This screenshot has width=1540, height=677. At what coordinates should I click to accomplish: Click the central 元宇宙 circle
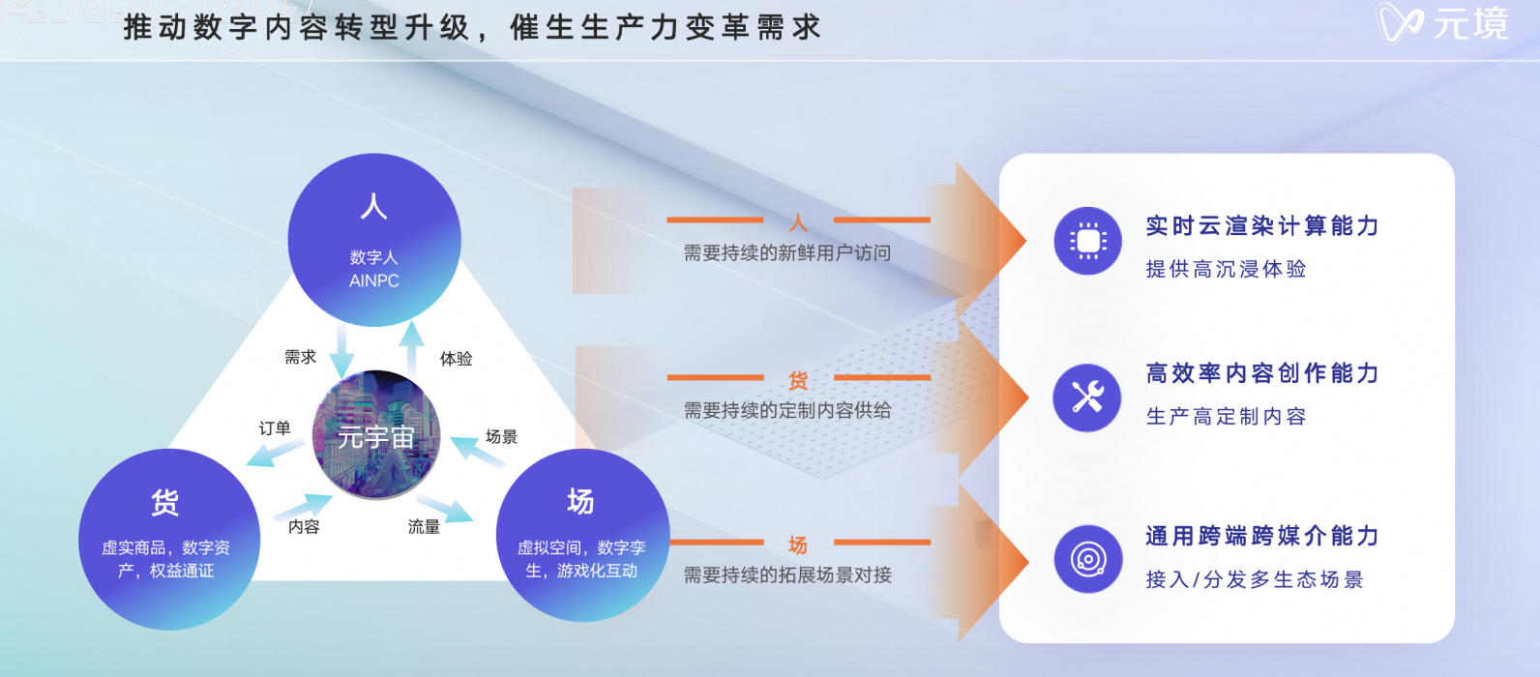pyautogui.click(x=376, y=435)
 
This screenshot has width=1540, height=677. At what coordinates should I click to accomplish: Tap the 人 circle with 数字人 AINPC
pyautogui.click(x=374, y=240)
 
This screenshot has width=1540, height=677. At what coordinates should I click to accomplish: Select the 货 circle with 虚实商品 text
pyautogui.click(x=169, y=540)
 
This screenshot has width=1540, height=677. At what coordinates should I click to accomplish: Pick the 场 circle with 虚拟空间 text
pyautogui.click(x=582, y=536)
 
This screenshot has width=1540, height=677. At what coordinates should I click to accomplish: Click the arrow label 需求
pyautogui.click(x=301, y=358)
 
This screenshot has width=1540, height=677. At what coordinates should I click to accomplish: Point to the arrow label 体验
pyautogui.click(x=456, y=359)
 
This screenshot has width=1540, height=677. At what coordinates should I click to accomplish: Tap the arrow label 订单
pyautogui.click(x=275, y=428)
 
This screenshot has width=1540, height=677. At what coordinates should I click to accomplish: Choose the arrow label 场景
pyautogui.click(x=501, y=436)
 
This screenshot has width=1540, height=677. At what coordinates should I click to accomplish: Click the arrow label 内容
pyautogui.click(x=304, y=526)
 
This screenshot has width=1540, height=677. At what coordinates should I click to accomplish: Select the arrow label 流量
pyautogui.click(x=424, y=527)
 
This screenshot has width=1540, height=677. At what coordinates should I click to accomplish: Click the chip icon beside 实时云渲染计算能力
pyautogui.click(x=1087, y=241)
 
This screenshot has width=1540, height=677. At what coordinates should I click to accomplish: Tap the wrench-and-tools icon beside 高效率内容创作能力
pyautogui.click(x=1087, y=397)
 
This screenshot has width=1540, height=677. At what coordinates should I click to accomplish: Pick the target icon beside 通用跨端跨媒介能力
pyautogui.click(x=1088, y=559)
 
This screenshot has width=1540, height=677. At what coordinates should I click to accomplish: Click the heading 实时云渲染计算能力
pyautogui.click(x=1262, y=226)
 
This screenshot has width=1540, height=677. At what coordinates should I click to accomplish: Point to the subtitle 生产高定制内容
pyautogui.click(x=1226, y=417)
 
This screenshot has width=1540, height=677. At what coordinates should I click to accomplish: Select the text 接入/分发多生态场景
pyautogui.click(x=1255, y=579)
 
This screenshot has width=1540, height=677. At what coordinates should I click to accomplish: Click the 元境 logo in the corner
pyautogui.click(x=1443, y=22)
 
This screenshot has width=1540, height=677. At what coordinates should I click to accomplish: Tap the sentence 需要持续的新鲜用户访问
pyautogui.click(x=787, y=253)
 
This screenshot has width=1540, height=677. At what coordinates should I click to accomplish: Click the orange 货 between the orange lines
pyautogui.click(x=798, y=380)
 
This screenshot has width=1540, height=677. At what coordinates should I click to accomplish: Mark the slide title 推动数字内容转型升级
pyautogui.click(x=297, y=28)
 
